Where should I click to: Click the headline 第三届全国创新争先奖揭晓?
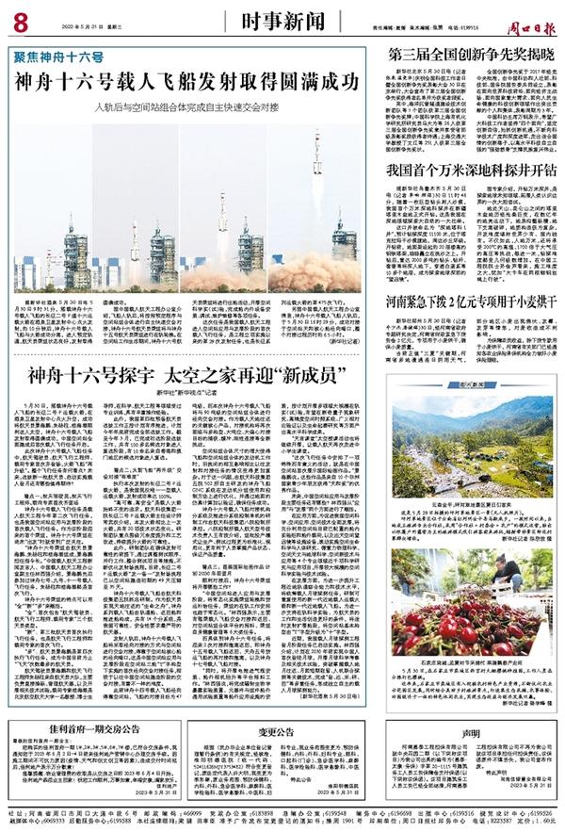(466, 53)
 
